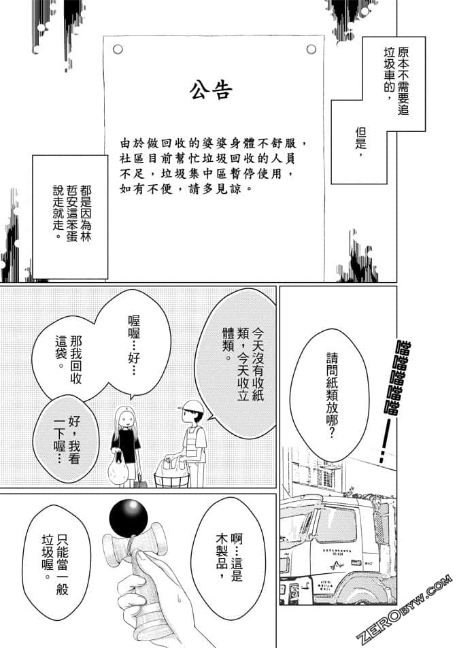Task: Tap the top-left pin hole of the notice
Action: coord(118,49)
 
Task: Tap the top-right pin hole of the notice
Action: coord(311,49)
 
